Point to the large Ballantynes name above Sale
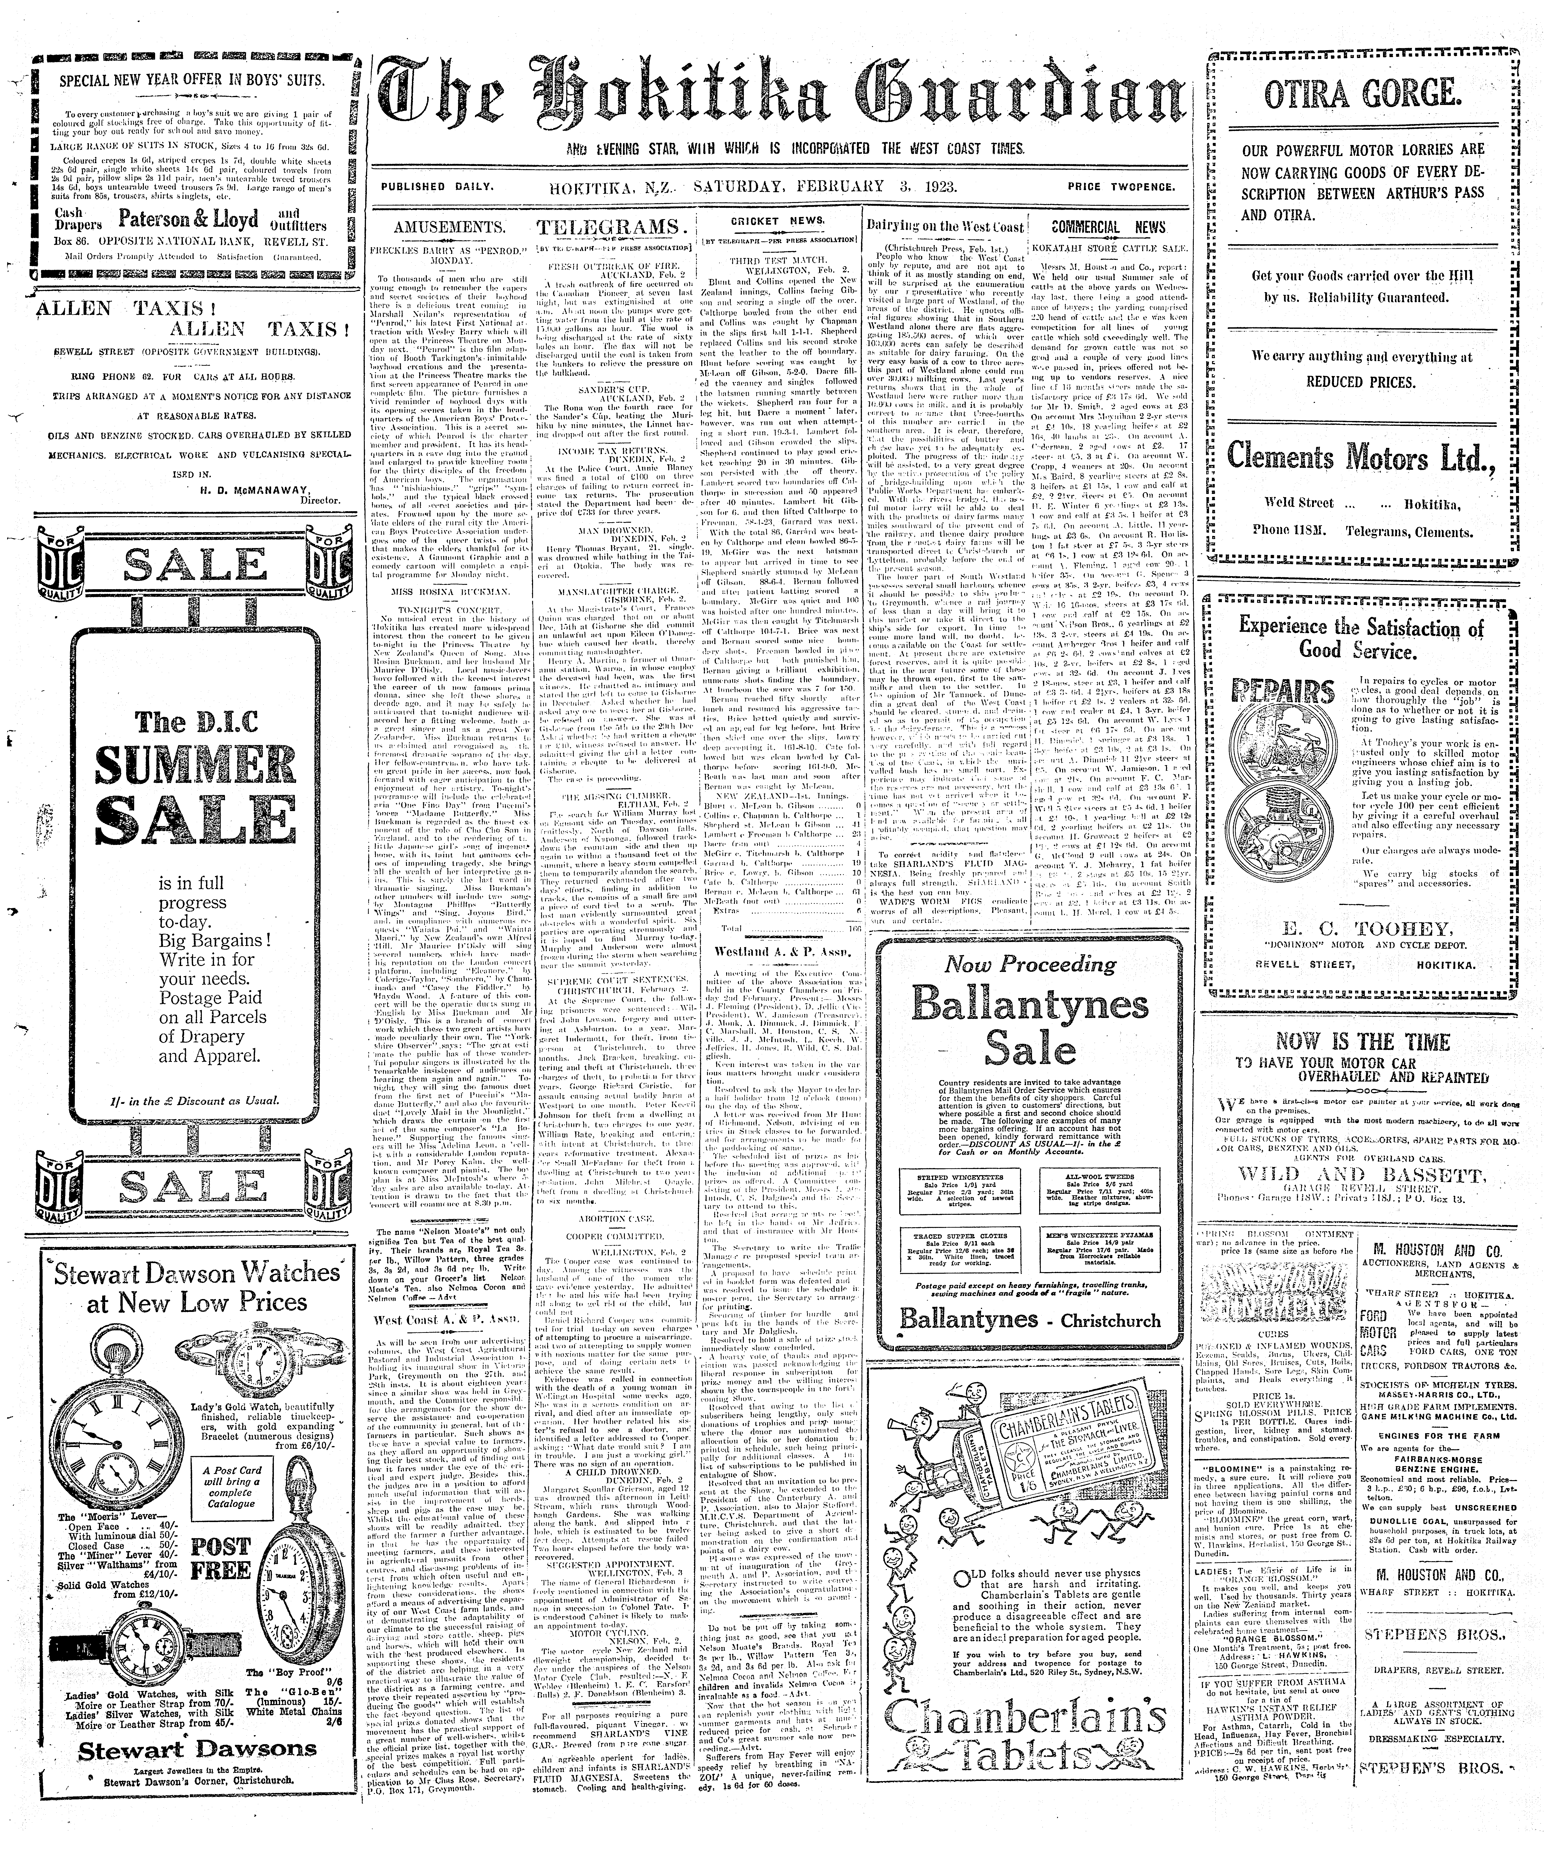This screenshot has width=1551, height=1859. pos(1029,1006)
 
